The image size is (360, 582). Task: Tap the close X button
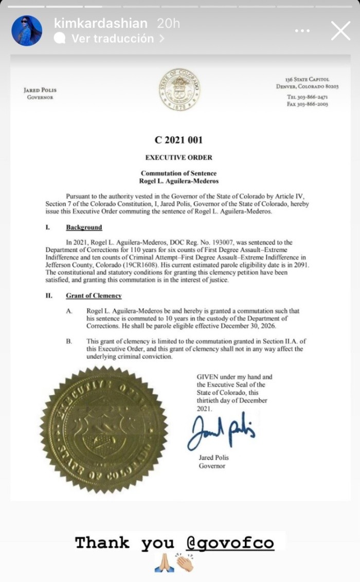[340, 31]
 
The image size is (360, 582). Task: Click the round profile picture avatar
[27, 30]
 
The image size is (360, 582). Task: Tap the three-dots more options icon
[302, 31]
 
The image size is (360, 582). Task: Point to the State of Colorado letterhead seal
[180, 90]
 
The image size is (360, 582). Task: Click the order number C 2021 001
[179, 140]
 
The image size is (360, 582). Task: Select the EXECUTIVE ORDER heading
[179, 157]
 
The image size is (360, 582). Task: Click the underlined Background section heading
[84, 227]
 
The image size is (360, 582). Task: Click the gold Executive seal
[103, 429]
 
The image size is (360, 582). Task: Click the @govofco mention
[230, 543]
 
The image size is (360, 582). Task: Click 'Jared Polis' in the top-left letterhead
[40, 90]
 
